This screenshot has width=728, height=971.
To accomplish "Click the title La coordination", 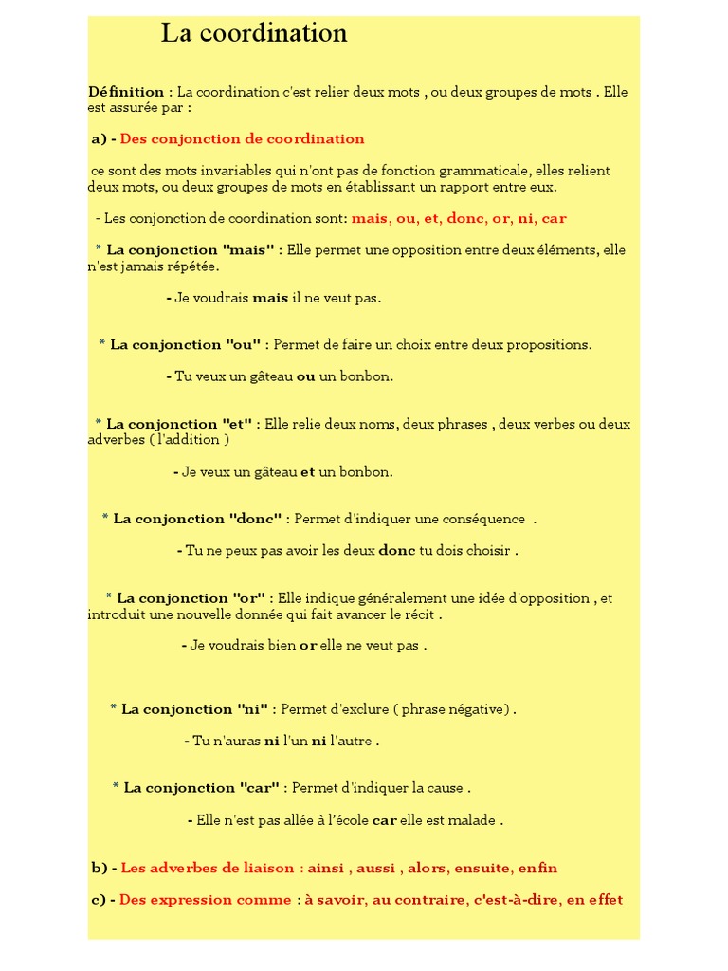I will (254, 34).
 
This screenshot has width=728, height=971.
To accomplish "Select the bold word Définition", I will (126, 92).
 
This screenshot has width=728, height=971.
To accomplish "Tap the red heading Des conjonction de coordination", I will (243, 139).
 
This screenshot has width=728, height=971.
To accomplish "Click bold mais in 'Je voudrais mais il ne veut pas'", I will (270, 298).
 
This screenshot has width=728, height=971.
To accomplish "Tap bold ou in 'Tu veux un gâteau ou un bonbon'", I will (305, 376).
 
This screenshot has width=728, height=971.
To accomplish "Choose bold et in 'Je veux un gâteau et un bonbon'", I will (307, 472).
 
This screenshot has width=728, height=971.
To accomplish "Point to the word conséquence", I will (482, 519).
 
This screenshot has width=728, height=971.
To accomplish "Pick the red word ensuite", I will (482, 868).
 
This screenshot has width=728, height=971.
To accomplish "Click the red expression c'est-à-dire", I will (514, 900).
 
